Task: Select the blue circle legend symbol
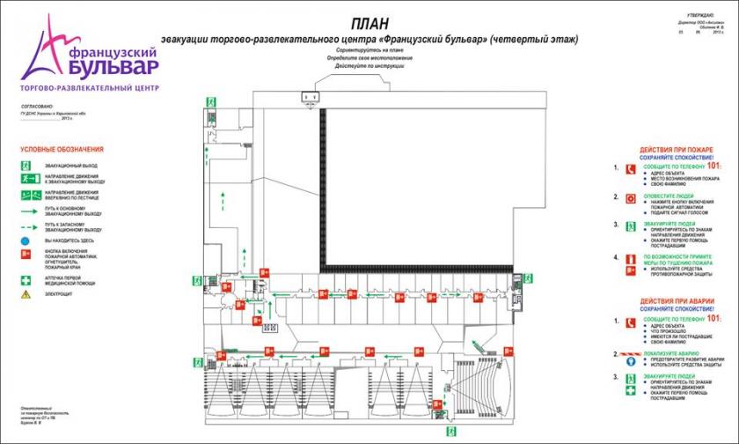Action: pos(26,240)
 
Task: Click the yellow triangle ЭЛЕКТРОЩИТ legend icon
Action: pos(26,293)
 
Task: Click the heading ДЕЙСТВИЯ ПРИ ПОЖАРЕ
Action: pos(676,149)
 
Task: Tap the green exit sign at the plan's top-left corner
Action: pos(211,102)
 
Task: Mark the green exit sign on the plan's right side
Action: pos(530,278)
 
